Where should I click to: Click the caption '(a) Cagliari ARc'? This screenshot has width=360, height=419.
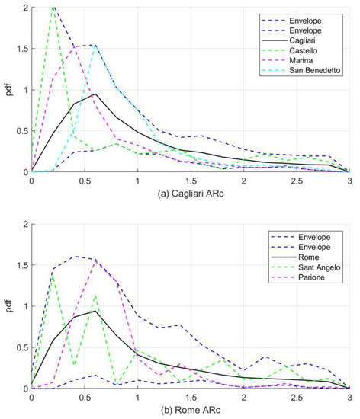[x=190, y=194]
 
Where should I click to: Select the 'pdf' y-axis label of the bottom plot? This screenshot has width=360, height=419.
[x=9, y=306]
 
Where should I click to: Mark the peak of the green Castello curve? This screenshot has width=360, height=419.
[x=53, y=8]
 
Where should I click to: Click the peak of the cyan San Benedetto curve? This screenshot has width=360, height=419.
[x=95, y=45]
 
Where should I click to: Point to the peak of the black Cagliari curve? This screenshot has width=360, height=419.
[x=95, y=94]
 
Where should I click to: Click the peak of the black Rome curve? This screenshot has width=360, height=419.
[x=95, y=311]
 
